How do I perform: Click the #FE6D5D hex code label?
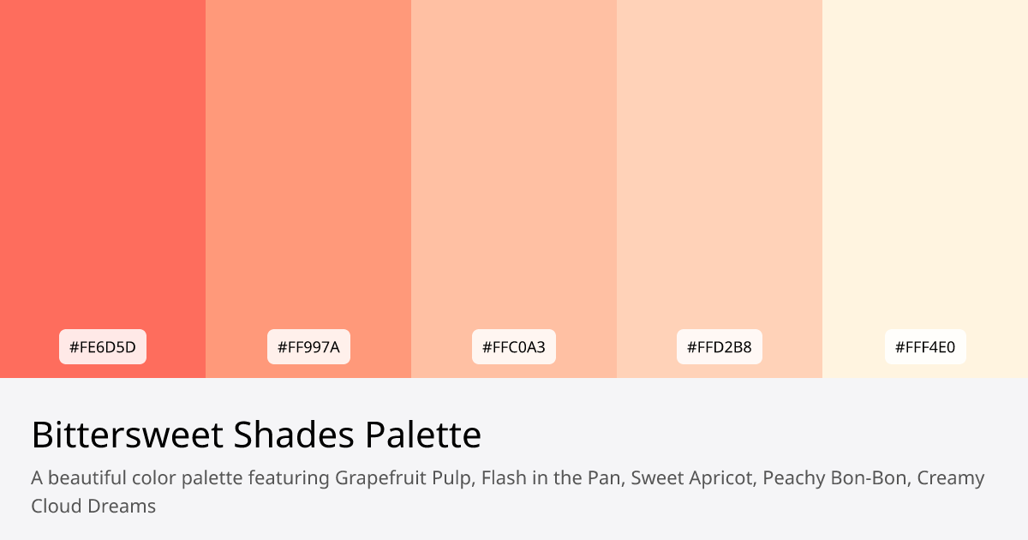103,347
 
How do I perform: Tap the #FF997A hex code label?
308,347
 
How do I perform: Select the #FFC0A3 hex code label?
514,347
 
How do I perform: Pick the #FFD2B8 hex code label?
720,347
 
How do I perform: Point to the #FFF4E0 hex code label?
925,347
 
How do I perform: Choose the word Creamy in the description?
951,478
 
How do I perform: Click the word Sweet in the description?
655,478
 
